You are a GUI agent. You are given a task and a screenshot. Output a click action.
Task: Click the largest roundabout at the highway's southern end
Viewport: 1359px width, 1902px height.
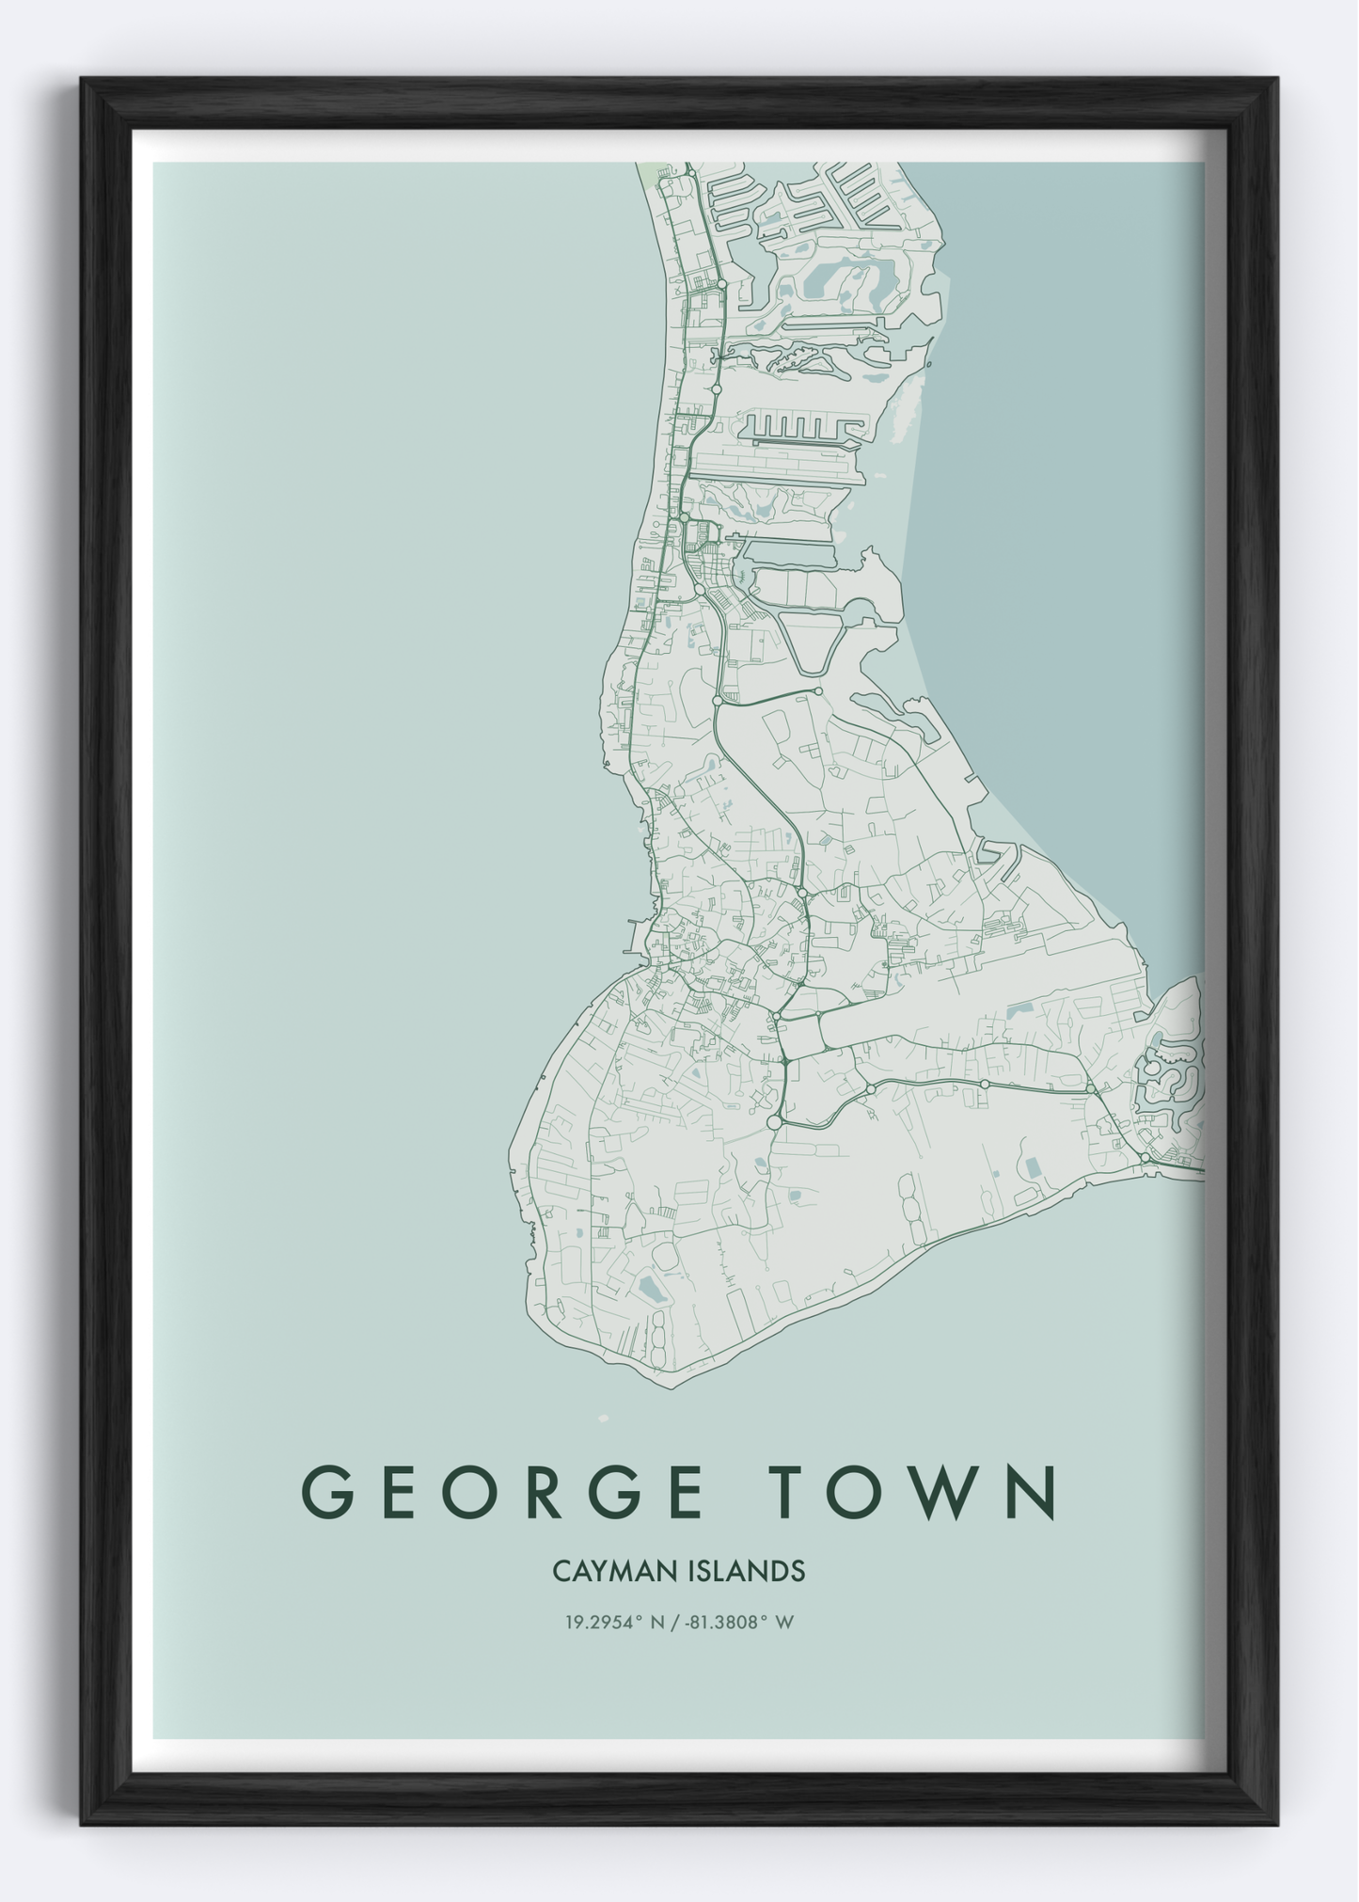(x=774, y=1122)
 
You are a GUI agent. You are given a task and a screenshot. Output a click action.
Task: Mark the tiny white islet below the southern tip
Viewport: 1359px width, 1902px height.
(x=603, y=1418)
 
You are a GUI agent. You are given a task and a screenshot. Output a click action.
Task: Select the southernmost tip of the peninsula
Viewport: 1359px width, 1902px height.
(x=670, y=1385)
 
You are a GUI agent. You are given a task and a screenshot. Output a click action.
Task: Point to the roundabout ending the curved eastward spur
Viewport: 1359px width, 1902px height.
(x=818, y=691)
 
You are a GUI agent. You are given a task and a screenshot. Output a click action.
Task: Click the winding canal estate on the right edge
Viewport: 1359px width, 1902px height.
(x=1169, y=1072)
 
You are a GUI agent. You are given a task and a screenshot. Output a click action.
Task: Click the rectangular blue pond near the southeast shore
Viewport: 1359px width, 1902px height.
(x=1034, y=1167)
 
